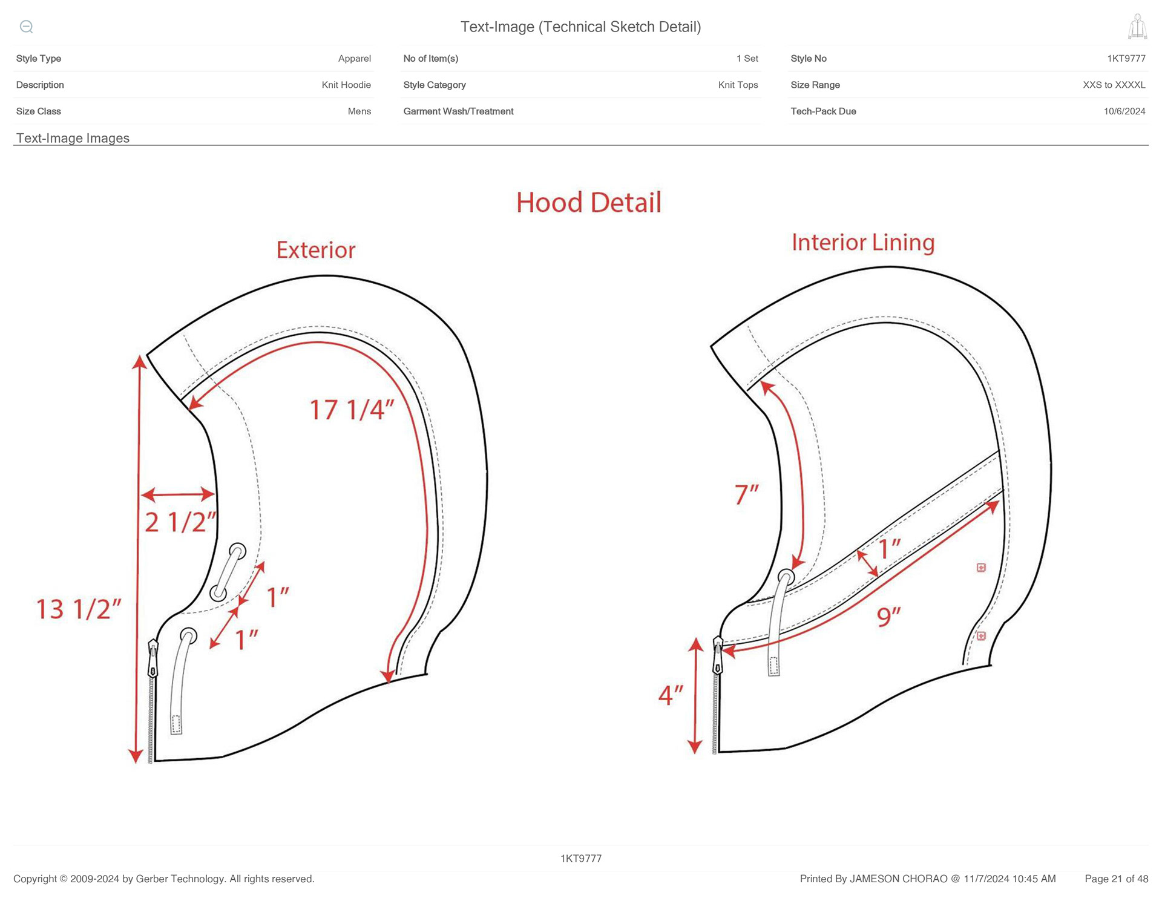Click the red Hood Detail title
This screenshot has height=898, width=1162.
(x=588, y=203)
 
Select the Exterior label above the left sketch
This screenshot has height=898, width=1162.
(x=316, y=251)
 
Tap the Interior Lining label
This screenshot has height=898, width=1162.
(x=863, y=243)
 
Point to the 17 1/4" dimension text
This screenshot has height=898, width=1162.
(x=352, y=410)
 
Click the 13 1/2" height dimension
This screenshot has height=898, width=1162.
(x=79, y=609)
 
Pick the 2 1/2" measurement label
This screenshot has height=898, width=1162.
(x=180, y=522)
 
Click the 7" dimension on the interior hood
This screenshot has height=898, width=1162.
(x=747, y=494)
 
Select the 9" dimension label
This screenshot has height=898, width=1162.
(x=888, y=617)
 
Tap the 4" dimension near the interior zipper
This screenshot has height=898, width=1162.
(x=671, y=695)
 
